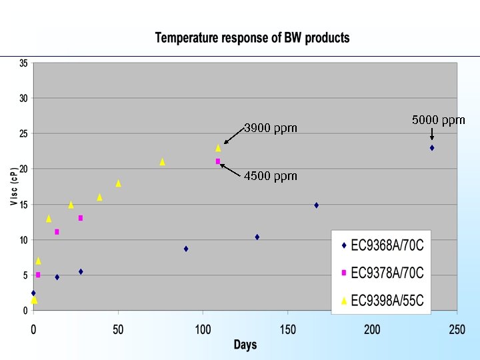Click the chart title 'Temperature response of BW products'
tap(252, 38)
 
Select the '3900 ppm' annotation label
tap(270, 127)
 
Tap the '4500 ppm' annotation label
tap(270, 176)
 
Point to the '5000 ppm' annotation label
tap(438, 120)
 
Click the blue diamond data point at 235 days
tap(432, 148)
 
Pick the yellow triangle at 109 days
tap(218, 148)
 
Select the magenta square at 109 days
tap(218, 161)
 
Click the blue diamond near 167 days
tap(316, 205)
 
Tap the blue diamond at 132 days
tap(257, 237)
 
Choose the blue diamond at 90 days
tap(186, 249)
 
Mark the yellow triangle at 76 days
tap(162, 162)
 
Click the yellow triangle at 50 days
tap(118, 183)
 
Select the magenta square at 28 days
tap(81, 218)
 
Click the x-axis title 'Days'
tap(245, 345)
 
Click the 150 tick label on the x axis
tap(287, 329)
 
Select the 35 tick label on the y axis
tap(23, 63)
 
